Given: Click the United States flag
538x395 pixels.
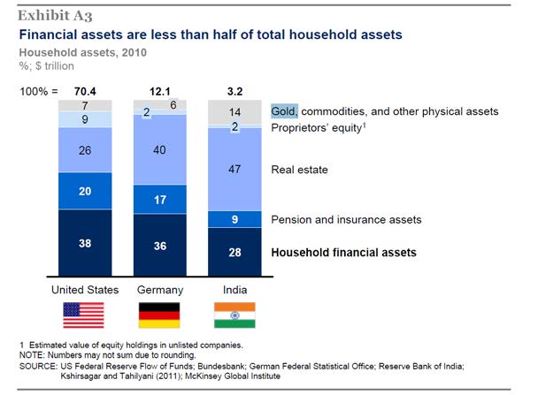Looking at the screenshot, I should click(84, 315).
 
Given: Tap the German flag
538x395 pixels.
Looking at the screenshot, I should click(159, 315).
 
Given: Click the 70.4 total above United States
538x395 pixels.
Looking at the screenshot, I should click(84, 91).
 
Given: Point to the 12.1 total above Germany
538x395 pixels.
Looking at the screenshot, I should click(159, 91).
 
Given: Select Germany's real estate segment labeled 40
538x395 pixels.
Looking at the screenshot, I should click(159, 150).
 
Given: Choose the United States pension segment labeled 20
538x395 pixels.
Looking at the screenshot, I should click(84, 191).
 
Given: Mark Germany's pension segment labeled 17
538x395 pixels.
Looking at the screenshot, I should click(159, 201).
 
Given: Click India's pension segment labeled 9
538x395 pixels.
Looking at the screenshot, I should click(234, 219).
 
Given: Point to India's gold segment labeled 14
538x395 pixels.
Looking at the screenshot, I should click(234, 112).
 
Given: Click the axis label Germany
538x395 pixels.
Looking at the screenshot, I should click(159, 290).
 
